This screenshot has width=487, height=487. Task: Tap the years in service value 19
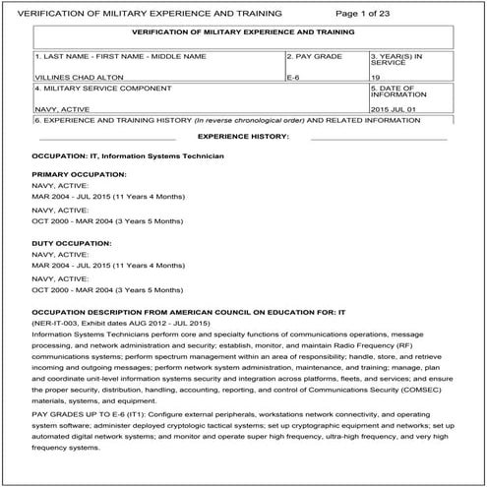coord(375,75)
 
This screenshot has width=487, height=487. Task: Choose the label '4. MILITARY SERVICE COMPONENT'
coord(90,91)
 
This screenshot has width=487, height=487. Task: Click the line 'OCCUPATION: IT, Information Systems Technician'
coord(128,156)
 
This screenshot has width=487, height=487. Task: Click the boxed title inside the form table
coord(243,32)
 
